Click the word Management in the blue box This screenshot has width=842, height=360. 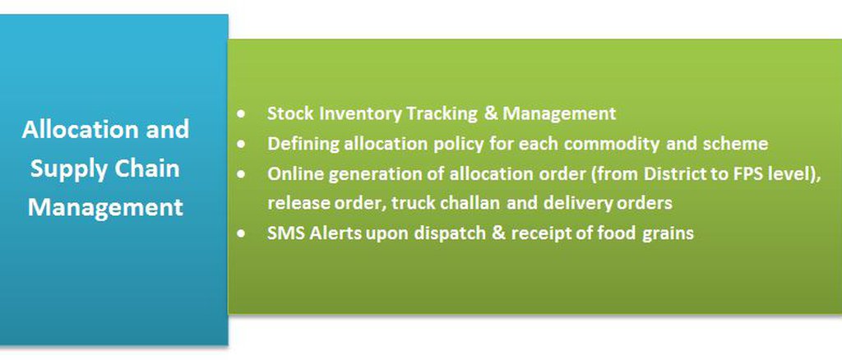coord(105,208)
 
